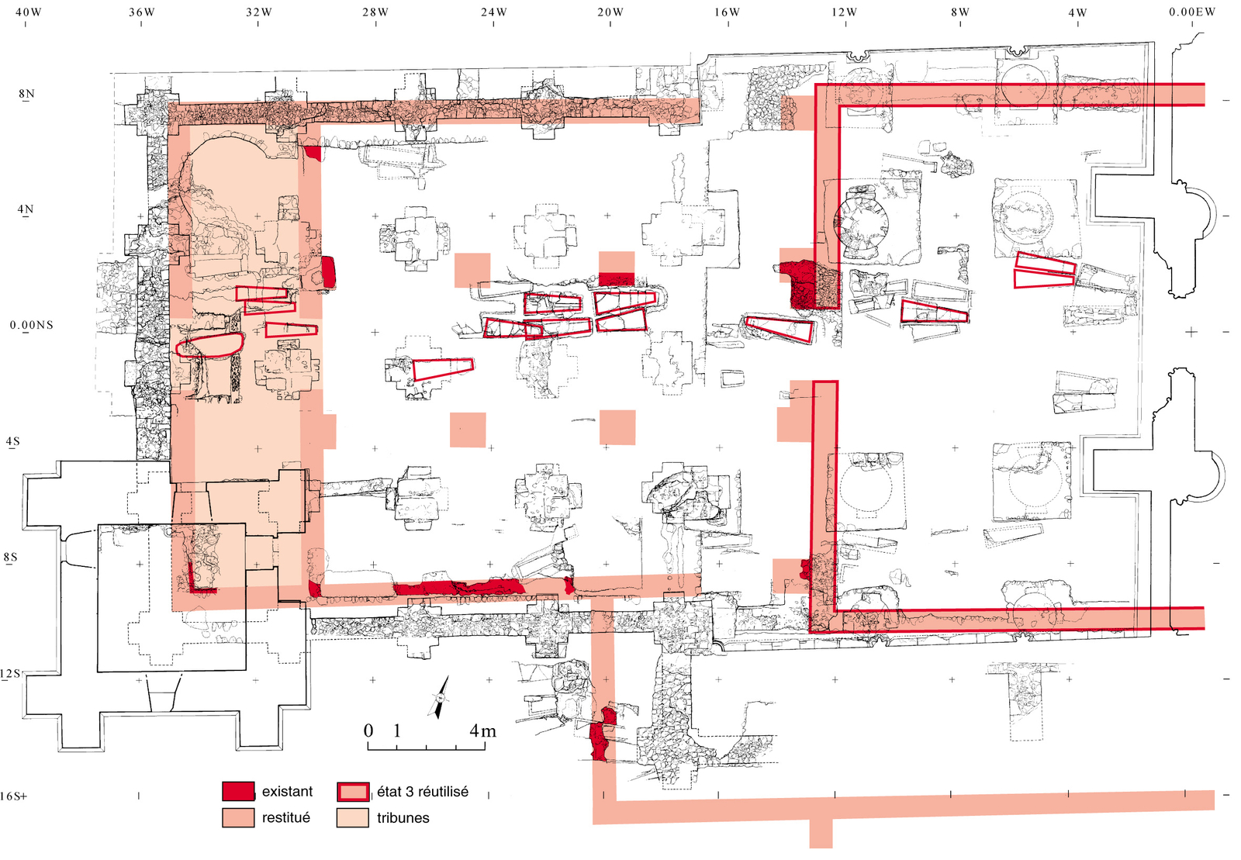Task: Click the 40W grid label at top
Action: click(28, 12)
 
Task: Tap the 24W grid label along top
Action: click(493, 12)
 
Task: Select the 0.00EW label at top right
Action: click(1192, 12)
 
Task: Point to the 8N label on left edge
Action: click(27, 94)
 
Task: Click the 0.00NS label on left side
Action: click(32, 325)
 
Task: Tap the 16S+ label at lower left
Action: click(13, 796)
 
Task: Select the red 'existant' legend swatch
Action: click(238, 792)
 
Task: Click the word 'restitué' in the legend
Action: click(285, 818)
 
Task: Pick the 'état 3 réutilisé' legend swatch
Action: click(353, 792)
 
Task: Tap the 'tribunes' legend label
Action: click(403, 818)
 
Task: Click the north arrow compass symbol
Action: click(440, 697)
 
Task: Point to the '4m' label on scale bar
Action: click(482, 730)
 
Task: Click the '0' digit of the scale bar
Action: click(368, 730)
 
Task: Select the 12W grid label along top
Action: click(844, 12)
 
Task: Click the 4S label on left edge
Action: click(13, 442)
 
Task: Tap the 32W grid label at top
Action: click(259, 12)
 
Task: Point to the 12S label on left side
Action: click(10, 673)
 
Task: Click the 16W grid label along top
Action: click(727, 12)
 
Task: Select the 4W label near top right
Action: click(1077, 12)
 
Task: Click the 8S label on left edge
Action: click(10, 558)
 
